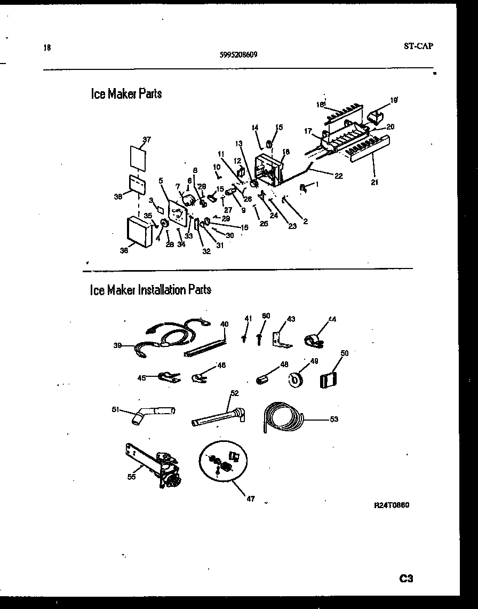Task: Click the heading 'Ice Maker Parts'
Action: click(x=126, y=94)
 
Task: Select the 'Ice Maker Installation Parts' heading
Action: click(x=150, y=290)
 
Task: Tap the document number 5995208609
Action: click(x=240, y=54)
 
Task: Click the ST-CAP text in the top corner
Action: click(x=418, y=46)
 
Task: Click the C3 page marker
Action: click(x=406, y=578)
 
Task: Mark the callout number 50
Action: click(x=345, y=353)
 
